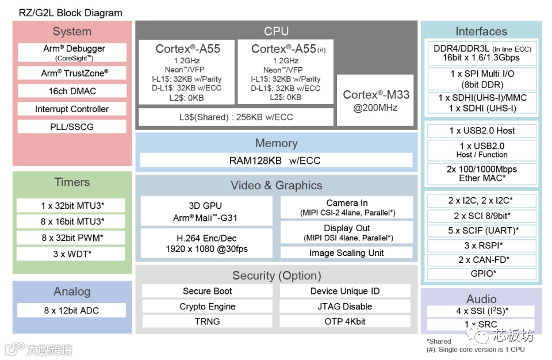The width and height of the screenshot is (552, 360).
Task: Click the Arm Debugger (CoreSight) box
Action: point(72,52)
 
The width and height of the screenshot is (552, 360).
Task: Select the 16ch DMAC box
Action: point(72,91)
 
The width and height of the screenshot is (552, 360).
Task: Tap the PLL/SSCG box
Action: point(72,127)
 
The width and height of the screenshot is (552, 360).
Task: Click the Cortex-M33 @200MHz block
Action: point(376,101)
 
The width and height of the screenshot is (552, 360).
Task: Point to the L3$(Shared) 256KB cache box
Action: point(236,117)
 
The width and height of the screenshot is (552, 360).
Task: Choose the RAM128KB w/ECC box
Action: point(276,160)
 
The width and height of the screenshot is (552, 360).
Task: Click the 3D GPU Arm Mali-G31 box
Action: point(206,211)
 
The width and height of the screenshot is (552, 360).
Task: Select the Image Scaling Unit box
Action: point(346,252)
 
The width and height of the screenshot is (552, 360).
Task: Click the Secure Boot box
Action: point(207,291)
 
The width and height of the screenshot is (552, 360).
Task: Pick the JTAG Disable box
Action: point(345,307)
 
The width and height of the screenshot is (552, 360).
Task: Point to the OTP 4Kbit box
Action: point(345,321)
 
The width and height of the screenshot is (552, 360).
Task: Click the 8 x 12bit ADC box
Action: point(72,311)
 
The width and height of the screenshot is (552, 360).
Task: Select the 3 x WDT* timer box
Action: point(72,254)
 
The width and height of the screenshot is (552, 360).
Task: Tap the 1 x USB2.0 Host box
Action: point(482,131)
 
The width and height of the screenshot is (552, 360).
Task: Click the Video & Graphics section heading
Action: point(276,185)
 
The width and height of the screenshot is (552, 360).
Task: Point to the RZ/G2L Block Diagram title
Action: point(70,13)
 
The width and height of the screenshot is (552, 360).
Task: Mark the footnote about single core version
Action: point(476,350)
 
